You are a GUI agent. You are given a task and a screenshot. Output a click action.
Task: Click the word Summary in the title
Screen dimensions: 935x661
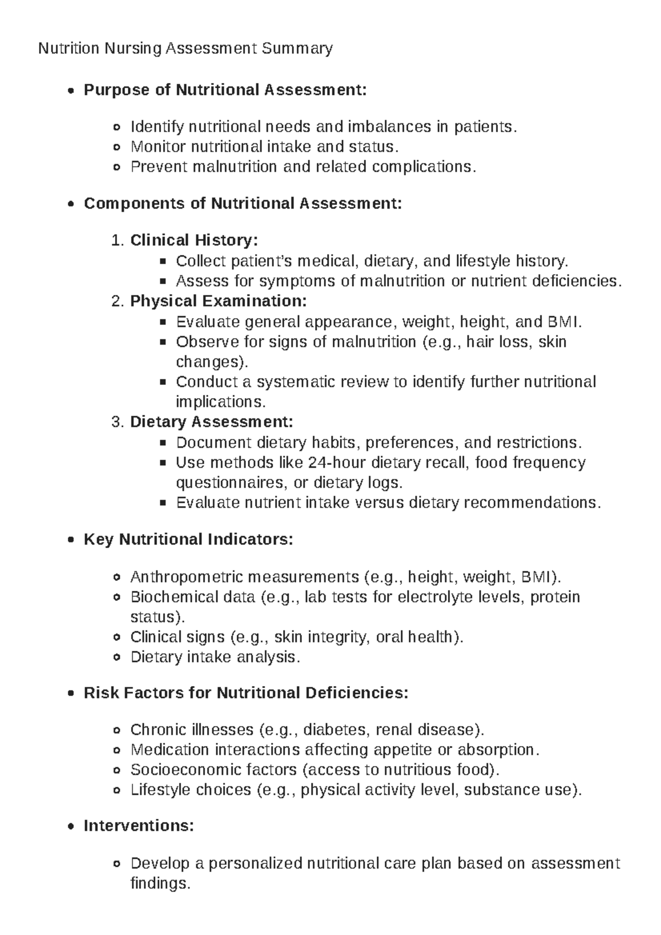coord(297,49)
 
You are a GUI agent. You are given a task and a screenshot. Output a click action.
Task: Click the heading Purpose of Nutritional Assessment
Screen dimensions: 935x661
coord(225,90)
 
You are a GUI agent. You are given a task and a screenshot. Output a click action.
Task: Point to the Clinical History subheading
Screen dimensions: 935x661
coord(193,241)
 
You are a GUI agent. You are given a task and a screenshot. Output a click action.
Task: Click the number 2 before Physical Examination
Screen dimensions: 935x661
coord(116,301)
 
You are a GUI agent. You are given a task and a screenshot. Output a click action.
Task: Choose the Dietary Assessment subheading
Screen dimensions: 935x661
coord(212,422)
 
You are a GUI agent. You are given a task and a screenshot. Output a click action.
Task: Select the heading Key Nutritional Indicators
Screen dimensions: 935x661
coord(188,539)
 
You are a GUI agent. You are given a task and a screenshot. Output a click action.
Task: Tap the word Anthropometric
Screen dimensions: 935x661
coord(187,577)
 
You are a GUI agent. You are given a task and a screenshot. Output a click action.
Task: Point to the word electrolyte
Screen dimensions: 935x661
coord(432,597)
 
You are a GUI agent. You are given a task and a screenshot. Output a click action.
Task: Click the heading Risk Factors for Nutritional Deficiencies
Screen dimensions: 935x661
coord(246,693)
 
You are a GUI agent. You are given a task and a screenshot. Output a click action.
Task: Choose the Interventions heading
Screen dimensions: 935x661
coord(139,826)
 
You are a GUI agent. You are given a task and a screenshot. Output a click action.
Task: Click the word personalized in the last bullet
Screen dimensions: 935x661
coord(256,863)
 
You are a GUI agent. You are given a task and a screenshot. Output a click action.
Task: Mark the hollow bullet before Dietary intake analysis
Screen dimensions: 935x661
coord(116,657)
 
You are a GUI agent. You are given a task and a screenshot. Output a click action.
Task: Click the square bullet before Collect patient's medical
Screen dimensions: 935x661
coord(162,261)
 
